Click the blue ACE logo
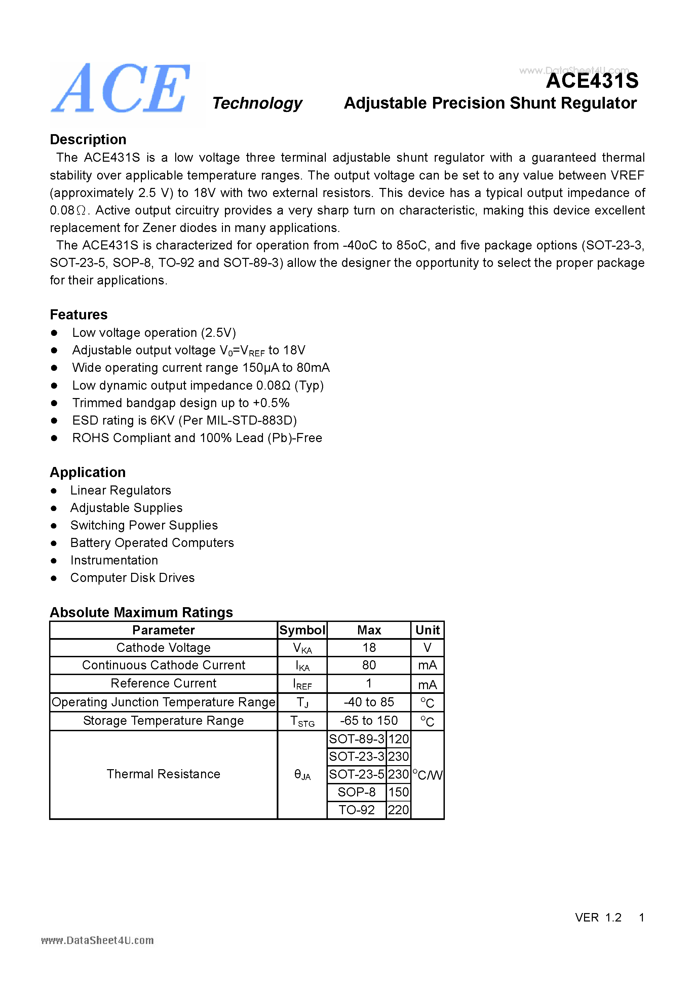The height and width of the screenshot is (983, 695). tap(121, 89)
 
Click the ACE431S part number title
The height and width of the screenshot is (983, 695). tap(592, 81)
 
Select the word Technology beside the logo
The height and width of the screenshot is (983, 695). tap(257, 103)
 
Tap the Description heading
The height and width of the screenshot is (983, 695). tap(88, 140)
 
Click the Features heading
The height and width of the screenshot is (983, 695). tap(79, 315)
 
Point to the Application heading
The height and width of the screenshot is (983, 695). tap(88, 472)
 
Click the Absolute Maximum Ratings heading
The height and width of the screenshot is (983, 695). tap(141, 612)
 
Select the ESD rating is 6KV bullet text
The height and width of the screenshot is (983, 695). tap(184, 421)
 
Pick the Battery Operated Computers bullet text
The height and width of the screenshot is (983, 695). tap(152, 543)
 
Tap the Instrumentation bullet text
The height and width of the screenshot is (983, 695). tap(114, 560)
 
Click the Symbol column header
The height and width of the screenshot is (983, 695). tap(302, 630)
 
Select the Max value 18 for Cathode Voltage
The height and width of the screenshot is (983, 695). tap(369, 648)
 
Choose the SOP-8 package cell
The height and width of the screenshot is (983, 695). tap(356, 792)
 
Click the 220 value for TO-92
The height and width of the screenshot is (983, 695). tap(398, 810)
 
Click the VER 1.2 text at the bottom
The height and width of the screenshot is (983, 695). tap(598, 917)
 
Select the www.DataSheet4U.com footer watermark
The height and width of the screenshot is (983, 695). tap(97, 941)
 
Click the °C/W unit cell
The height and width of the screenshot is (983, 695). tap(427, 775)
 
